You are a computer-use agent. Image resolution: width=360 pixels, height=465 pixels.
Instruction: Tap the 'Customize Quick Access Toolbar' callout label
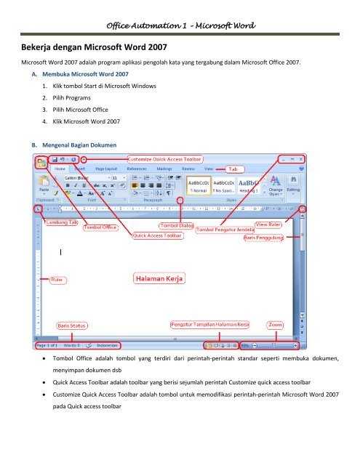tap(166, 158)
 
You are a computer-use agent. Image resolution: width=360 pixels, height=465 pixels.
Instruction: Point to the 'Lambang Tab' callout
tap(60, 221)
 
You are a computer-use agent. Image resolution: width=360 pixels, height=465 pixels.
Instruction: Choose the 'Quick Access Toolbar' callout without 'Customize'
tap(156, 235)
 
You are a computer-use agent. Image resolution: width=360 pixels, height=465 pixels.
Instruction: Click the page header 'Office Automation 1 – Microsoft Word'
tap(180, 26)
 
